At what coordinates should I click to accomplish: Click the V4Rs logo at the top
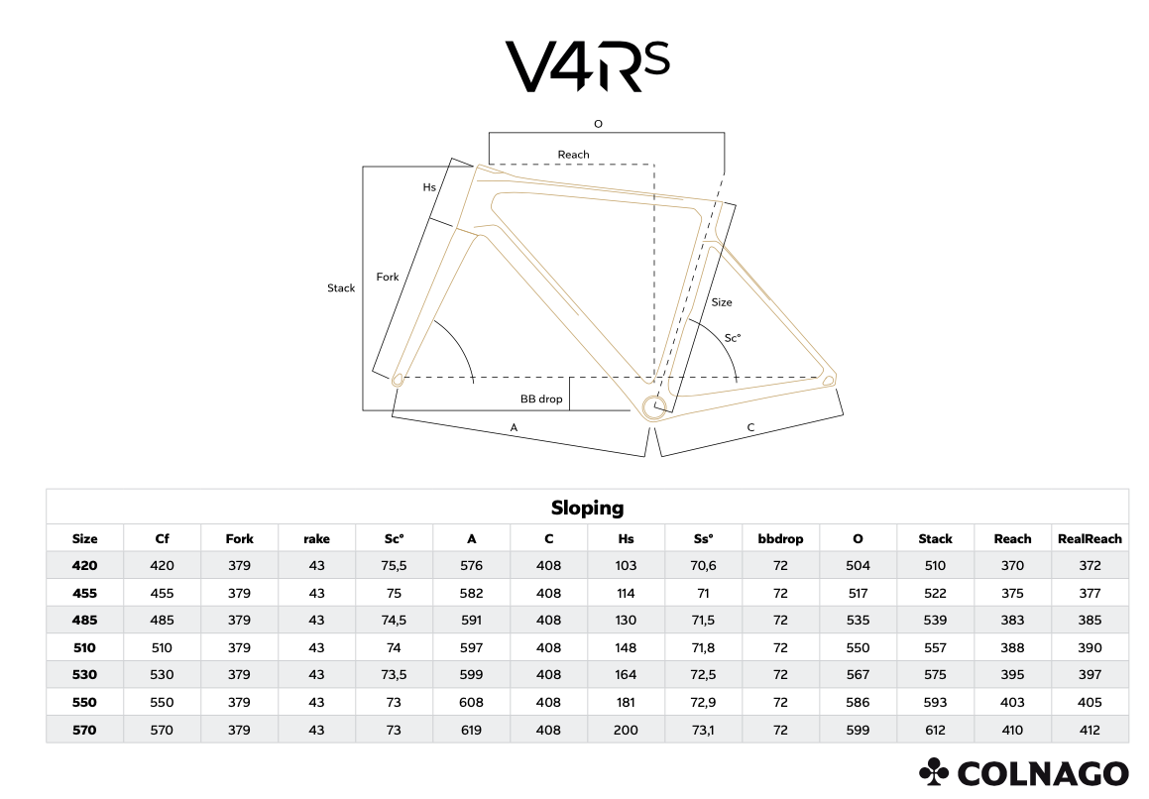click(x=587, y=66)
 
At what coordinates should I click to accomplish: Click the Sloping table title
click(x=587, y=508)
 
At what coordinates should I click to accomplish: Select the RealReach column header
click(x=1090, y=538)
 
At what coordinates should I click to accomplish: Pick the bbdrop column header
click(x=780, y=538)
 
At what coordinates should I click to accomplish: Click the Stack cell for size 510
click(x=935, y=647)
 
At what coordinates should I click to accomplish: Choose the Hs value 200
click(x=626, y=730)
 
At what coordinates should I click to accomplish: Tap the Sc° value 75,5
click(x=395, y=565)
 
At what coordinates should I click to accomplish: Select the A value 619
click(x=472, y=730)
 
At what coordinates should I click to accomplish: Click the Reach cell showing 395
click(x=1012, y=675)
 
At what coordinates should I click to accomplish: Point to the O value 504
click(x=858, y=565)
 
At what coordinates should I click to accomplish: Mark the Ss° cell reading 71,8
click(x=703, y=647)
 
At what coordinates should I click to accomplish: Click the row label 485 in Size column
click(x=85, y=620)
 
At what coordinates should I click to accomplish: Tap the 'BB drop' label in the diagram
click(x=541, y=399)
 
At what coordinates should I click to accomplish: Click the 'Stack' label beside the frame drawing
click(x=341, y=288)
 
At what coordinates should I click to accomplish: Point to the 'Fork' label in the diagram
click(x=388, y=277)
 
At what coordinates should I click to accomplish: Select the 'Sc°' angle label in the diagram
click(x=732, y=338)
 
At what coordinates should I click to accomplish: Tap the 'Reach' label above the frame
click(x=573, y=155)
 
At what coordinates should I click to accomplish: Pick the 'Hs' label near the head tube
click(x=429, y=186)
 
